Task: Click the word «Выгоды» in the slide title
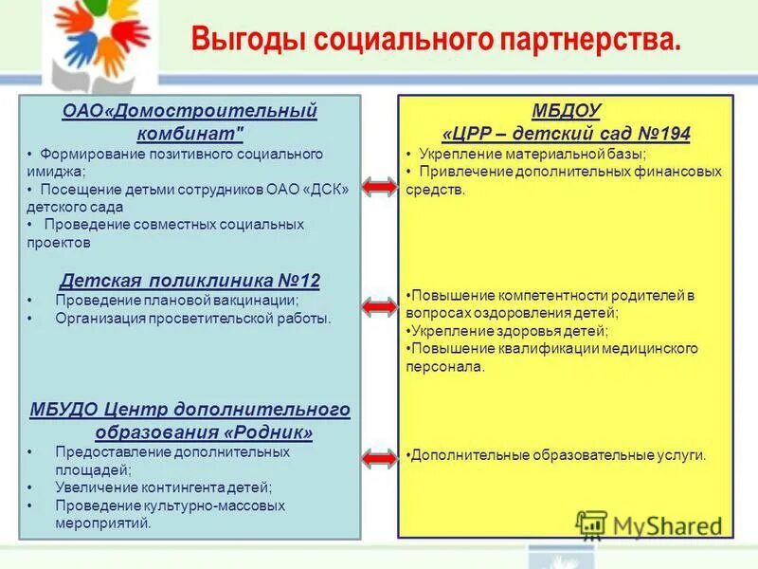(248, 41)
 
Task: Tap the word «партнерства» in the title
(586, 41)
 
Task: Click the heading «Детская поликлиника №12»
(189, 281)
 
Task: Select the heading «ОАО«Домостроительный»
(189, 112)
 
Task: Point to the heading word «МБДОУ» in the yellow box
(567, 112)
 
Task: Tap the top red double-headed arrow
(379, 188)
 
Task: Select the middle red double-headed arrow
(379, 306)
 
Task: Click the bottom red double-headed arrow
(379, 458)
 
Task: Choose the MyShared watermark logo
(649, 525)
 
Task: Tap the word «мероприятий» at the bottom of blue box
(102, 523)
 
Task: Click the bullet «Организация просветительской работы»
(193, 319)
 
